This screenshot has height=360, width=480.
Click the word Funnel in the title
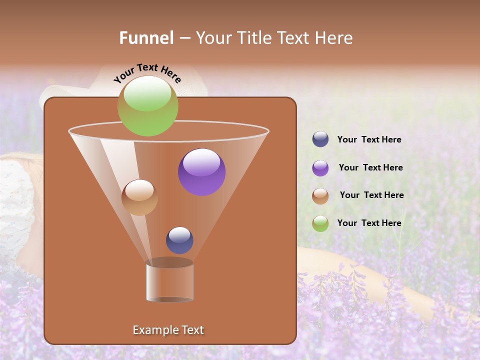[146, 38]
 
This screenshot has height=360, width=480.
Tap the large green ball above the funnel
[147, 106]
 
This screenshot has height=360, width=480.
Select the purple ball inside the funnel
[202, 172]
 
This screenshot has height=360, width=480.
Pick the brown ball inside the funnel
[139, 197]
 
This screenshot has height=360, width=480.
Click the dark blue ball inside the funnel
[179, 240]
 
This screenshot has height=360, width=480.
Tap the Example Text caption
[168, 330]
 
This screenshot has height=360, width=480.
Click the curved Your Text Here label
[147, 73]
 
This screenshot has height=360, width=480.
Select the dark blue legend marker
[320, 139]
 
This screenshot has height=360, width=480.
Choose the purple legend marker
[320, 168]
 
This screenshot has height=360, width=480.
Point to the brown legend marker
[320, 196]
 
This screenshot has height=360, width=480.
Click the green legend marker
[320, 223]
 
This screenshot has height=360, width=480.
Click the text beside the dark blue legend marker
[369, 139]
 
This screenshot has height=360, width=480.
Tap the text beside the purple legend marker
[370, 167]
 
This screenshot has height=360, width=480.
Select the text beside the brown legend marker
[371, 195]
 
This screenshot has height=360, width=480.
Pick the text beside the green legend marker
[369, 223]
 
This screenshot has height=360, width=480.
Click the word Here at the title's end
[334, 38]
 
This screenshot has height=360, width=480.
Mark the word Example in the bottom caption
[152, 330]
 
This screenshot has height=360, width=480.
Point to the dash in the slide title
[184, 38]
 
